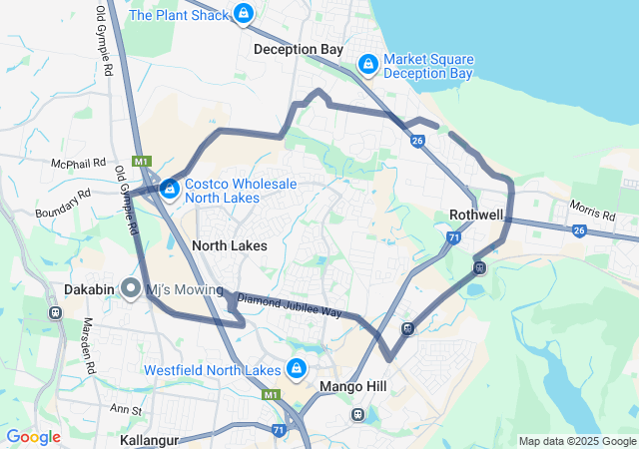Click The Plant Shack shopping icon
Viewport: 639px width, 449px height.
243,14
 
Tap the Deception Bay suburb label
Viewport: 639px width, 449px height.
298,49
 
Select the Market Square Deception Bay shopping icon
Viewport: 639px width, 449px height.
367,65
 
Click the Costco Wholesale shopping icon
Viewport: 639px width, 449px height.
170,188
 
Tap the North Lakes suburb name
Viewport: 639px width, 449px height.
229,245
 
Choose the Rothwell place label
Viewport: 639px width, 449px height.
476,215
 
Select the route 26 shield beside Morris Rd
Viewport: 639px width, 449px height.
579,230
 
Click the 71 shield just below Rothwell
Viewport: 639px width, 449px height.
454,237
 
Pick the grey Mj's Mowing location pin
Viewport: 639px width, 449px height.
131,289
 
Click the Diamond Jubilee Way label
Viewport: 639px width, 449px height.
290,305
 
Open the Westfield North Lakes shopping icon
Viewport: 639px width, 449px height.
297,369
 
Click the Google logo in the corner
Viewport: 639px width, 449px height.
34,437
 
